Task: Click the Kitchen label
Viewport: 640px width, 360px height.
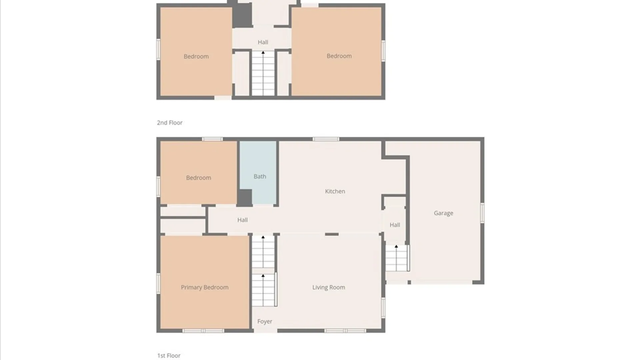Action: point(335,191)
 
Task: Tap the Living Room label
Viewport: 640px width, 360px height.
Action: point(329,287)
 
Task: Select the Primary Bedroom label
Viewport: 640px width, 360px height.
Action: point(205,287)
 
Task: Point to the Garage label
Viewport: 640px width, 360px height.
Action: point(443,213)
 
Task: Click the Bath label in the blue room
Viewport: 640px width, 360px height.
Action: point(260,177)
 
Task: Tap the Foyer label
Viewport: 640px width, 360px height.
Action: point(265,321)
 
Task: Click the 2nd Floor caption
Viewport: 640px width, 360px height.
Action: point(170,123)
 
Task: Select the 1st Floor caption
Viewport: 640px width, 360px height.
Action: point(169,356)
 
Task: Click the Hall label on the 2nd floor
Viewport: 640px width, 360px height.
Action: point(263,42)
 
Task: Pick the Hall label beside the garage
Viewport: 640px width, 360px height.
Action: point(395,225)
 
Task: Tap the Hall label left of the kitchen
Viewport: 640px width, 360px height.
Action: point(242,220)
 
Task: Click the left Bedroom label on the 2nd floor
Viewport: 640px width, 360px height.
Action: point(196,57)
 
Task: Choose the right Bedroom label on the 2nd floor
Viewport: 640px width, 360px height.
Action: point(339,56)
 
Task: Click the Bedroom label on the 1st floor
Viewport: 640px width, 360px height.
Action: point(198,178)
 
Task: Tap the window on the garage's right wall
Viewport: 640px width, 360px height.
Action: point(482,213)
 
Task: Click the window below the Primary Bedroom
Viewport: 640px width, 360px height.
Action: point(203,331)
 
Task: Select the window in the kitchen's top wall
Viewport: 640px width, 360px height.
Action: point(326,139)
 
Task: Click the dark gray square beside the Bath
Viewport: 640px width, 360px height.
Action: point(244,198)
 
